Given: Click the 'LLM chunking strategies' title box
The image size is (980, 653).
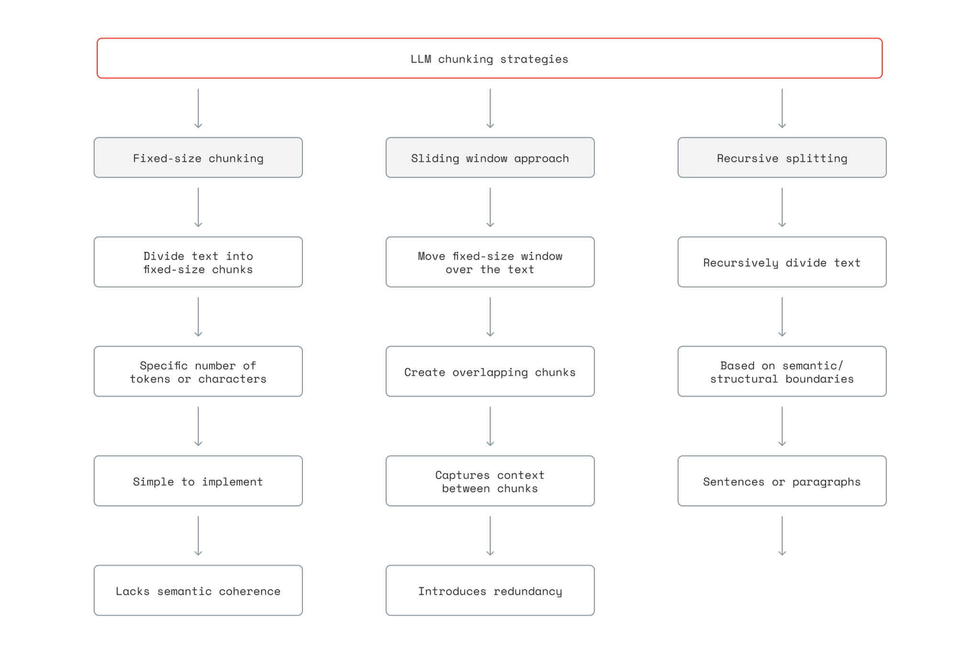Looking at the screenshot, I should point(489,58).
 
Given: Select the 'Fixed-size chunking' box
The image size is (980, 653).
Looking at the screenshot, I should point(198,158).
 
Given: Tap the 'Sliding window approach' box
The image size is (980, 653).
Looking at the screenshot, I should point(490,158).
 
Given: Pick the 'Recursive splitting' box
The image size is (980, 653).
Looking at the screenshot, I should point(782,158).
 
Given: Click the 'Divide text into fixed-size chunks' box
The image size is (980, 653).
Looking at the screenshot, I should point(198,262).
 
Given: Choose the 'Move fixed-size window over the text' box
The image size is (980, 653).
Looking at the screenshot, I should point(490,262).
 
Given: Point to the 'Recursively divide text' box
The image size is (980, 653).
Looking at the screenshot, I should point(782,262).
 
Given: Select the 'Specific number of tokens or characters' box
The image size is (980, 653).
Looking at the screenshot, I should point(198,372).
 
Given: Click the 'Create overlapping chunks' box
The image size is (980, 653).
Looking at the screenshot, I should point(490,372).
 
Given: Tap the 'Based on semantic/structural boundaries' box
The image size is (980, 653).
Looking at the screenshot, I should point(782,372).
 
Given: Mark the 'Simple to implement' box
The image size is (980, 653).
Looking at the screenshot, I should point(198,481).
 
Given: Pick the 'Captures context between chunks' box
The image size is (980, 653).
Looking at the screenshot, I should point(490,481).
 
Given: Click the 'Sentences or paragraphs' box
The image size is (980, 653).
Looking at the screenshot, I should point(782,481).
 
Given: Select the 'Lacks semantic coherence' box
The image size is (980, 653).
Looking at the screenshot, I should point(198,591).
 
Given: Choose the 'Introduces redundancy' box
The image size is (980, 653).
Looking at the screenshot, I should point(490,591).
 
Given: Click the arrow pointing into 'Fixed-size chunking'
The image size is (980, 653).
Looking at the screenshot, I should point(198,109).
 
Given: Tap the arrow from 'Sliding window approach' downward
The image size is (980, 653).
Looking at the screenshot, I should point(490,208).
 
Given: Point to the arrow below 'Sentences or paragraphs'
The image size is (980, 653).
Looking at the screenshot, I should point(782,536).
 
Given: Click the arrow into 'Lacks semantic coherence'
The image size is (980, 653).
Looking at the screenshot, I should point(198,536).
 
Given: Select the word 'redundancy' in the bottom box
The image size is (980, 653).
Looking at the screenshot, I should point(528,591).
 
